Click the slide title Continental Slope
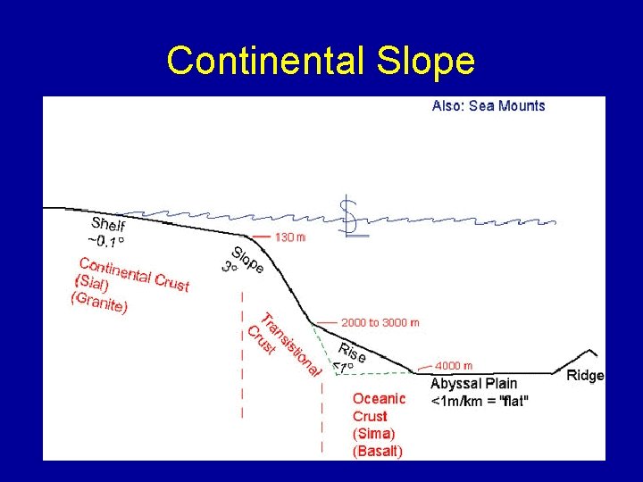(321, 61)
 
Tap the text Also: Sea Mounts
(488, 105)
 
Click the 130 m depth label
(289, 237)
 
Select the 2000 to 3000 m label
(380, 322)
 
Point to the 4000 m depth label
(454, 366)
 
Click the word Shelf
(108, 225)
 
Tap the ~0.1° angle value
(105, 242)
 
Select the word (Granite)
(98, 303)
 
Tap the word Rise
(352, 352)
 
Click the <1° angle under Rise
(343, 367)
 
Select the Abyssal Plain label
(473, 384)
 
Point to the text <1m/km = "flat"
(479, 401)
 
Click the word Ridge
(585, 376)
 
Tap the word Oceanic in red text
(379, 399)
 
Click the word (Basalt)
(378, 451)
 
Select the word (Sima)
(373, 434)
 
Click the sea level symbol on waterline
(354, 218)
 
